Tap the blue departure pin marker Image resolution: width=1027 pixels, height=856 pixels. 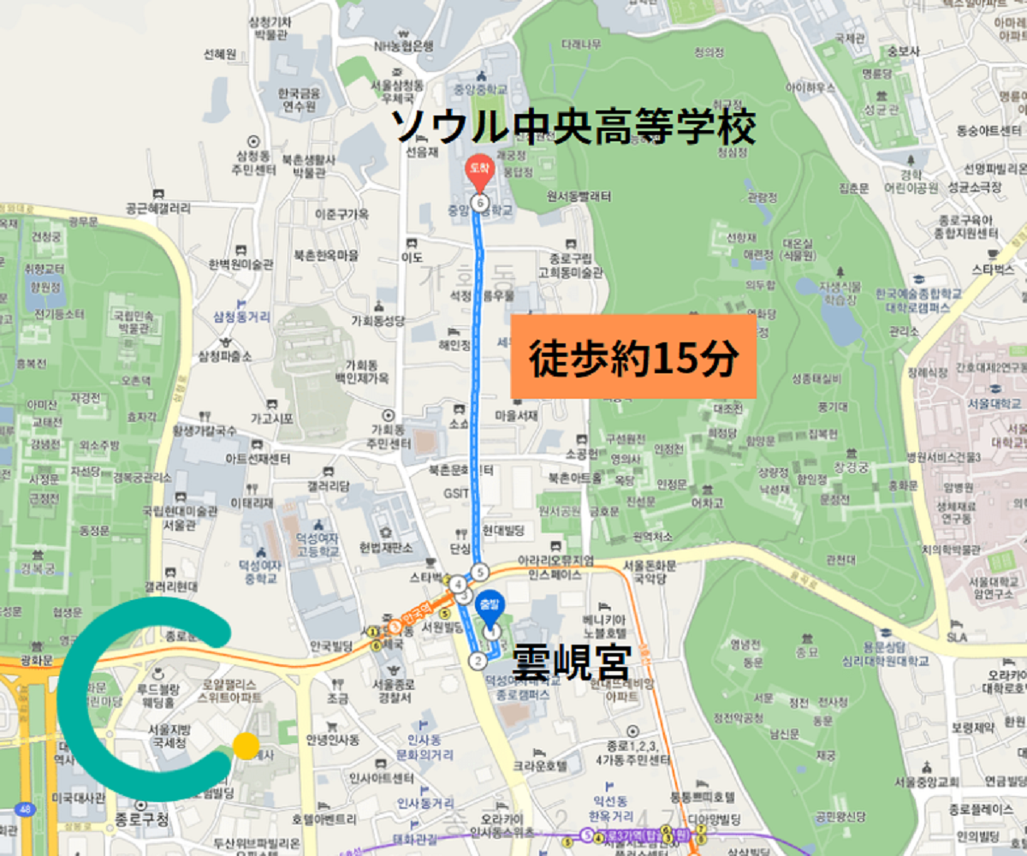[490, 604]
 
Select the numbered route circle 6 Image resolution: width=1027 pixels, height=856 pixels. [479, 203]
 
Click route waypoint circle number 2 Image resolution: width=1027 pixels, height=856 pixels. [478, 660]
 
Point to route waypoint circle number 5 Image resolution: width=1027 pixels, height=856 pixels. [480, 572]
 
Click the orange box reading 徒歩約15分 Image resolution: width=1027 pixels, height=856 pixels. [633, 356]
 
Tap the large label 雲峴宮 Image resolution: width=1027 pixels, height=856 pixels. [571, 662]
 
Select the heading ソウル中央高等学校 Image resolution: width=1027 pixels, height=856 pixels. [574, 128]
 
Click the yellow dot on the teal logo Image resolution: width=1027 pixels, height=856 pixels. [246, 745]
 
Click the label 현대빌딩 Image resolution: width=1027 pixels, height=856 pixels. [502, 531]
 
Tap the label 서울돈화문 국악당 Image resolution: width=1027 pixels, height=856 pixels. [650, 573]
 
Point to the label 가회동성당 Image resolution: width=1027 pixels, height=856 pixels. [377, 321]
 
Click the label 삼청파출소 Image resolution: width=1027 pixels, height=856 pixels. [226, 355]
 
